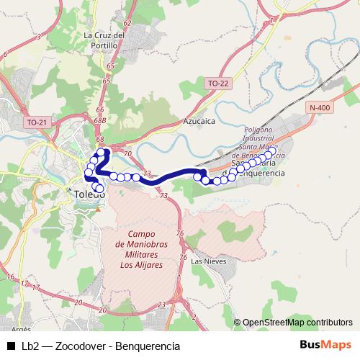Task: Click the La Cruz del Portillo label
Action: pyautogui.click(x=105, y=40)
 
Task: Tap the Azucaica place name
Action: pyautogui.click(x=199, y=122)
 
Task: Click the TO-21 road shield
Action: pyautogui.click(x=36, y=123)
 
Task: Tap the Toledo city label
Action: pyautogui.click(x=90, y=194)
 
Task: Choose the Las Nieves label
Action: pyautogui.click(x=209, y=261)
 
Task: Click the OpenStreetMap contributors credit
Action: pyautogui.click(x=297, y=323)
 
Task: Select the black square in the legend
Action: pyautogui.click(x=10, y=346)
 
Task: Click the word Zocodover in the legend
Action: pyautogui.click(x=79, y=346)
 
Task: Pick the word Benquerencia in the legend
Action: pyautogui.click(x=149, y=346)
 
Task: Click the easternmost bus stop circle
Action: pyautogui.click(x=271, y=154)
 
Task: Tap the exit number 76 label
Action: pyautogui.click(x=180, y=233)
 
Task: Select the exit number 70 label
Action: pyautogui.click(x=127, y=153)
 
